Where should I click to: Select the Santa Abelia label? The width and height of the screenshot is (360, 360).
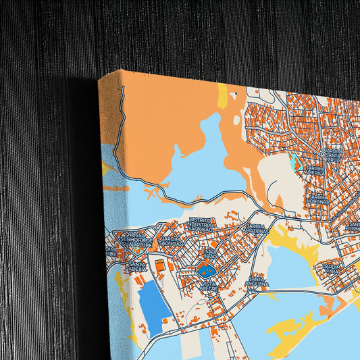136,266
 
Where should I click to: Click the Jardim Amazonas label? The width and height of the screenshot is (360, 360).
257,230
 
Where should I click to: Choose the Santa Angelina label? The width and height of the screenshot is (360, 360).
259,282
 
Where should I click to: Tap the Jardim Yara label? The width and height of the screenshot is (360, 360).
335,269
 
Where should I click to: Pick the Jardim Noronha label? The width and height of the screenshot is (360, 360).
317,199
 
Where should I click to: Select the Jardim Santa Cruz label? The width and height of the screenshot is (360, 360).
332,155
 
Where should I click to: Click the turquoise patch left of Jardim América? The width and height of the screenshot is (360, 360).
294,163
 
